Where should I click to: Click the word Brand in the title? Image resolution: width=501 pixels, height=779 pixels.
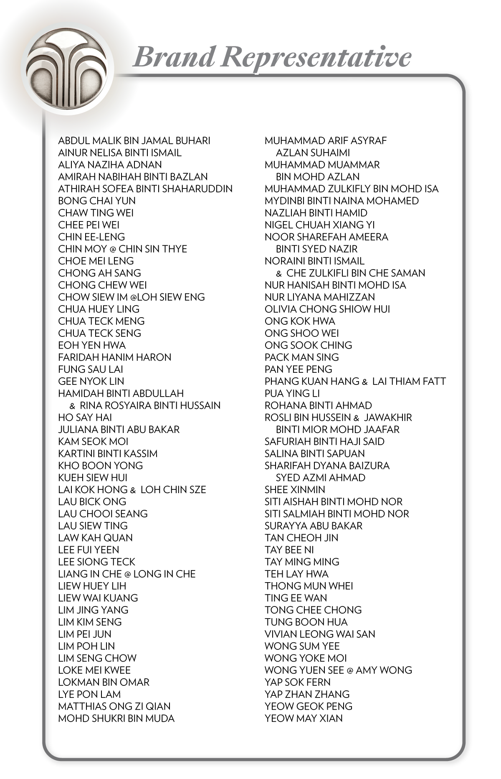pyautogui.click(x=174, y=57)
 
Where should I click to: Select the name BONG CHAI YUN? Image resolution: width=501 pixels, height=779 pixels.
pyautogui.click(x=97, y=201)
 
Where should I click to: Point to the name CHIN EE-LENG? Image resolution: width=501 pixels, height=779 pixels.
pyautogui.click(x=91, y=237)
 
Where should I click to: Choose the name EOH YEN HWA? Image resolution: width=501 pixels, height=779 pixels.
pyautogui.click(x=92, y=345)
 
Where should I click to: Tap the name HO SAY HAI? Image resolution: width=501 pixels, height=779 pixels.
pyautogui.click(x=85, y=418)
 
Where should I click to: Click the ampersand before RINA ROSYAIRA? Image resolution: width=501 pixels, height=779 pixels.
pyautogui.click(x=73, y=406)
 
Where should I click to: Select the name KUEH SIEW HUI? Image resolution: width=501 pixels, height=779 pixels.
pyautogui.click(x=93, y=478)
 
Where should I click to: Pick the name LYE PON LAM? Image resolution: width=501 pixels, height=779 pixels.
pyautogui.click(x=89, y=694)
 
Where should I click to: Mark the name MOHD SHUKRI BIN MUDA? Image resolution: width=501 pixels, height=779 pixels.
pyautogui.click(x=116, y=718)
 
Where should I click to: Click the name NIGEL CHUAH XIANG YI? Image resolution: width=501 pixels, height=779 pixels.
pyautogui.click(x=320, y=225)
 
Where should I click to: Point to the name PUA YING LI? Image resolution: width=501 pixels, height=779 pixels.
pyautogui.click(x=292, y=394)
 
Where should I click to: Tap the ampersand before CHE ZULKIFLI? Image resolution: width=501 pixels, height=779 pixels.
pyautogui.click(x=279, y=274)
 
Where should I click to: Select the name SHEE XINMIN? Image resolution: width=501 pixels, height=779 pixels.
pyautogui.click(x=295, y=490)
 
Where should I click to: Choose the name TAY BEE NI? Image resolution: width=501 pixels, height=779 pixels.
pyautogui.click(x=289, y=550)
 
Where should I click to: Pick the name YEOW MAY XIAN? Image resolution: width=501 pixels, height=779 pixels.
pyautogui.click(x=304, y=718)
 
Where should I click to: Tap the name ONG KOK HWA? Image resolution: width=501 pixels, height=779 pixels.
pyautogui.click(x=300, y=321)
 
